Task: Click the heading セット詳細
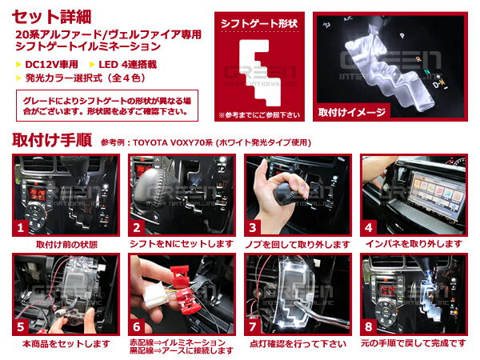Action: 51,17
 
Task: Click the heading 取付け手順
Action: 52,141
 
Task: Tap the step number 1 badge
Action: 20,228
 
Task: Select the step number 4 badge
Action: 368,228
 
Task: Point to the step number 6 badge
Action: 137,327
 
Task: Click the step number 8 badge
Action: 368,327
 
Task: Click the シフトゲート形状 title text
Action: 259,23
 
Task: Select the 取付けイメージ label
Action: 352,112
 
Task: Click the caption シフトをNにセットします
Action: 182,244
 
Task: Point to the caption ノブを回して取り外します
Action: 298,244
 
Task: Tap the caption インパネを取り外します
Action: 414,244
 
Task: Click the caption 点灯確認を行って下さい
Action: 298,344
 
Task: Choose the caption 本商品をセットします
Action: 66,344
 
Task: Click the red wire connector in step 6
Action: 184,289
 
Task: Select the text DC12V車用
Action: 51,65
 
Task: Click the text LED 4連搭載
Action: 127,65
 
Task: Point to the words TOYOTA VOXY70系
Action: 173,142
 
